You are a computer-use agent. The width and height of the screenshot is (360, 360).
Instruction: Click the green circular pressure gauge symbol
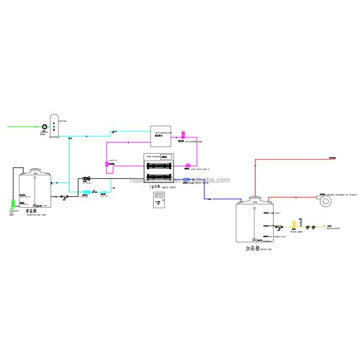pos(44,126)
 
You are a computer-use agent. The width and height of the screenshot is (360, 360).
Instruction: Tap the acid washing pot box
pos(160,136)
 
